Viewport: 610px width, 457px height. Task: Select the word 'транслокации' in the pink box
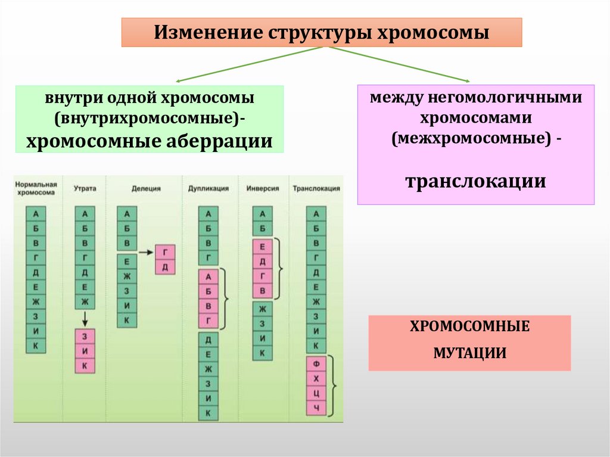coord(475,181)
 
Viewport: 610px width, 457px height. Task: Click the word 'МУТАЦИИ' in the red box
coord(469,353)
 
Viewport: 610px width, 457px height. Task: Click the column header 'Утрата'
coord(85,188)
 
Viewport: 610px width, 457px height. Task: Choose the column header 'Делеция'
coord(146,188)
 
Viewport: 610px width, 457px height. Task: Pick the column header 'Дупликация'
coord(208,188)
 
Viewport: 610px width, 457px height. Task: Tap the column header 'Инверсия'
coord(262,188)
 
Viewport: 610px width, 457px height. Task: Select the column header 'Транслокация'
coord(316,188)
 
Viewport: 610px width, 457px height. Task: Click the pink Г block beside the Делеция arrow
coord(165,253)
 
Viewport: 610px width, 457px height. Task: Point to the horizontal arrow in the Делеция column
coord(146,253)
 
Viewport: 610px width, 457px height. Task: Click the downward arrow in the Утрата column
coord(85,317)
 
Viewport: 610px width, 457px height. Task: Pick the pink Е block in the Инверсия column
coord(262,246)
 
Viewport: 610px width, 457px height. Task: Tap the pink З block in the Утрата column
coord(85,335)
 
